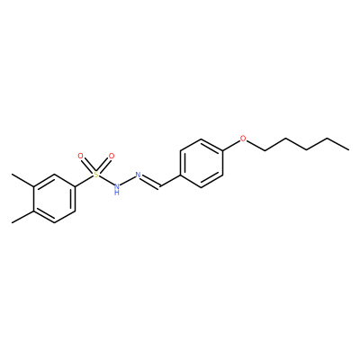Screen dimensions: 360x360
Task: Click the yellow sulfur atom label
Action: point(95,175)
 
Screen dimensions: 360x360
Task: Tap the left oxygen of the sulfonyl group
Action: point(80,156)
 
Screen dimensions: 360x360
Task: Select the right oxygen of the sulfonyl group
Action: point(112,156)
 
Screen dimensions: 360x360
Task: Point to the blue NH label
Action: point(117,189)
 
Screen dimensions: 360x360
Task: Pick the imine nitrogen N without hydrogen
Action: point(139,175)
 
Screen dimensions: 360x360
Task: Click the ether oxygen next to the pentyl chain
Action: point(243,139)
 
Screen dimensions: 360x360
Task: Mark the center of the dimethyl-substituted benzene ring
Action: point(54,198)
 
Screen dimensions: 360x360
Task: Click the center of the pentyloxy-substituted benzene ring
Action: point(201,163)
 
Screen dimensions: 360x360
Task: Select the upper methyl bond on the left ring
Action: point(22,180)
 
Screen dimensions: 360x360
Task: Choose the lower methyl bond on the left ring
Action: point(22,217)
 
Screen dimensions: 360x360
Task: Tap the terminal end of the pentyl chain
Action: point(348,149)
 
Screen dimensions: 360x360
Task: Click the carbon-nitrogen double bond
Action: point(150,182)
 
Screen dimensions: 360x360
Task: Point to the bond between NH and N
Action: point(128,181)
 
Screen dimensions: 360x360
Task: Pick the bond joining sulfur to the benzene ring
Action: point(84,181)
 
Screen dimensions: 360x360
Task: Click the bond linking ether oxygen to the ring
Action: point(231,145)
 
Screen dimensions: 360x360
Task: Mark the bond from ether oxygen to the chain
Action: point(256,145)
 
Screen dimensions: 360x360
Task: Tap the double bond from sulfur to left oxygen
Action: point(88,166)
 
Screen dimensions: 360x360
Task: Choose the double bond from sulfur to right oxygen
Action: point(103,166)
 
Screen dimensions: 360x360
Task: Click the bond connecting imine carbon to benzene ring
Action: point(170,181)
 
